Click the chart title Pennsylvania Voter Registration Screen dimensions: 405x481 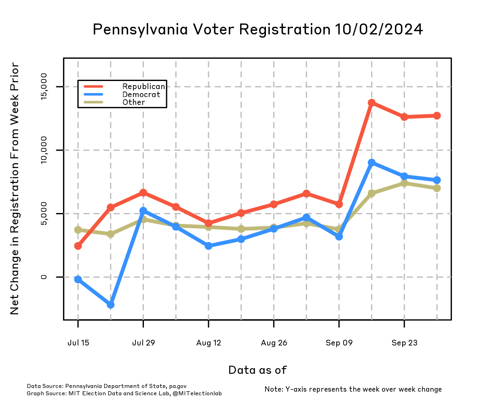tap(258, 30)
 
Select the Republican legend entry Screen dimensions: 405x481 tap(143, 87)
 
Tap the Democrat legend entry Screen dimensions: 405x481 tap(141, 94)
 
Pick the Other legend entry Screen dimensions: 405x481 tap(134, 102)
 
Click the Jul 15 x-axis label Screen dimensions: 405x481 tap(78, 343)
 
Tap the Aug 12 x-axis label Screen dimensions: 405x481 tap(209, 343)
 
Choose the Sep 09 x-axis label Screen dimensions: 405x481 tap(339, 343)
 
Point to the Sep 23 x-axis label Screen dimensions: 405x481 tap(404, 343)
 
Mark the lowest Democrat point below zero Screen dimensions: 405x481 tap(111, 305)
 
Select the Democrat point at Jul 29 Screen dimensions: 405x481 tap(143, 211)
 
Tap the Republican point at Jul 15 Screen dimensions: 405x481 tap(78, 246)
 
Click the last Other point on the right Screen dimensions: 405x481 tap(437, 188)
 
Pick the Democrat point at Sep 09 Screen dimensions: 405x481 tap(339, 236)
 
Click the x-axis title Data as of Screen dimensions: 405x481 tap(257, 370)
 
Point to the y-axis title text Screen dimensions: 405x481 tap(15, 188)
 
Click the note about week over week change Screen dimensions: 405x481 tap(353, 389)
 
